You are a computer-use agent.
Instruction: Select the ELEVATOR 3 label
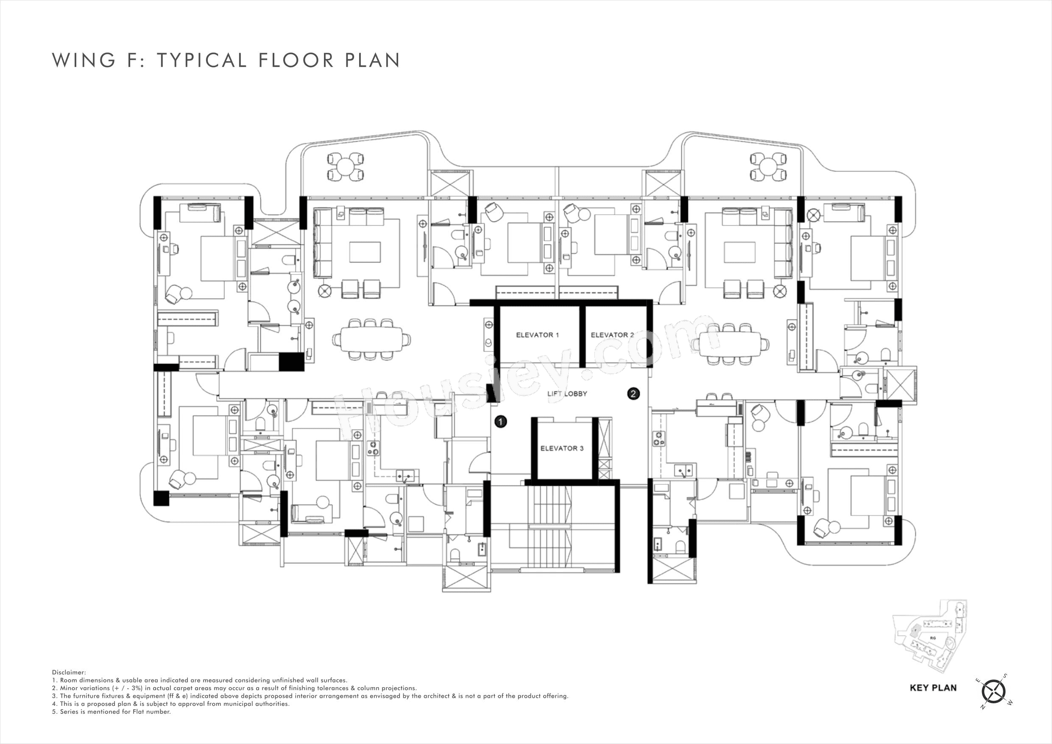click(562, 448)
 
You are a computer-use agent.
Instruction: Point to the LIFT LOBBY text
click(567, 394)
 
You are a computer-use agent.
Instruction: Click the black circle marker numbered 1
click(501, 422)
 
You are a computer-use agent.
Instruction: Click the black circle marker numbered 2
click(633, 393)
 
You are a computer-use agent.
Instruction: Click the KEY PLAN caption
click(933, 688)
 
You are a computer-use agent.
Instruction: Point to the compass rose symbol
click(993, 691)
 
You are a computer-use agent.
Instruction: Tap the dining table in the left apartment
click(371, 339)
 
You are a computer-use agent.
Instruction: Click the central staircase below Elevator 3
click(550, 527)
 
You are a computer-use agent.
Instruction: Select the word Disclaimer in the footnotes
click(69, 672)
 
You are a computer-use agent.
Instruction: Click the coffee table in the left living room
click(365, 252)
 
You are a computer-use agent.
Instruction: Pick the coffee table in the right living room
click(739, 252)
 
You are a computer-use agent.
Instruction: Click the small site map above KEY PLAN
click(930, 635)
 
